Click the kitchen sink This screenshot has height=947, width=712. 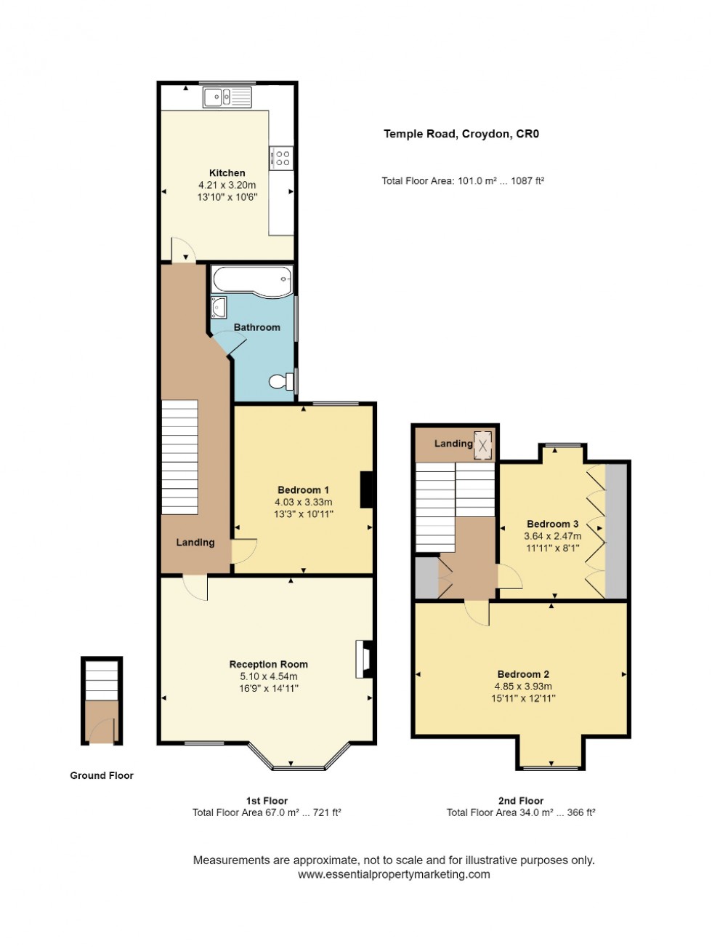(227, 97)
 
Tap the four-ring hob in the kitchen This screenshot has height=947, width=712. (282, 158)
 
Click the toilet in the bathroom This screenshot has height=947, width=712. (280, 381)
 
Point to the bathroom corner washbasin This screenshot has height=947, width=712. (218, 308)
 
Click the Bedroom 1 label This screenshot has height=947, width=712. (303, 490)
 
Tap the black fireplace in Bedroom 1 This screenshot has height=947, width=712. (368, 490)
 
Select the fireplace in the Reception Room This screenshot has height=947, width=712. (363, 659)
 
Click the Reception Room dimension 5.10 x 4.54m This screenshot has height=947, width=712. (268, 676)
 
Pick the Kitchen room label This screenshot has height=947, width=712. (227, 173)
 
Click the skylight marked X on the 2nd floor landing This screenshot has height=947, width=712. (483, 446)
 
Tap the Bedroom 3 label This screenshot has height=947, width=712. (552, 524)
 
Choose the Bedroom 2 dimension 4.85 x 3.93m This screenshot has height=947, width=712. (523, 687)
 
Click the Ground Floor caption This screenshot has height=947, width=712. (102, 775)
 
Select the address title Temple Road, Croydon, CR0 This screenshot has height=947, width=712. (461, 134)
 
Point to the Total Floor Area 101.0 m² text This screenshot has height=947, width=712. (463, 181)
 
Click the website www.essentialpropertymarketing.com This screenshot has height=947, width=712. (394, 874)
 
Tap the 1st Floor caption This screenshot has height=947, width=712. (267, 801)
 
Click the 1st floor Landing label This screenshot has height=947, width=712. (195, 543)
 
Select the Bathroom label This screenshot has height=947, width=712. (256, 327)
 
